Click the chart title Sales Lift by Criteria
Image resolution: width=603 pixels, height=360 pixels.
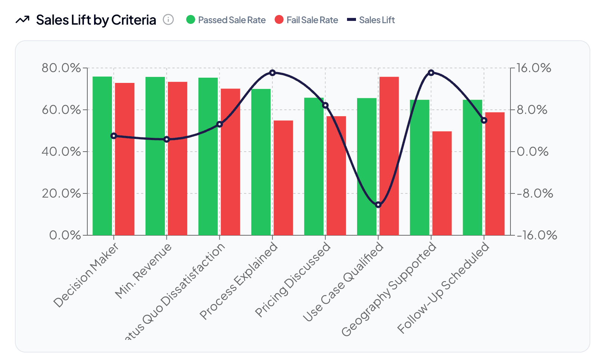96,20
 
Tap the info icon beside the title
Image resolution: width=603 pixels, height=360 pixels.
168,20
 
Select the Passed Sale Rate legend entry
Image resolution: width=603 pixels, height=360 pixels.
226,20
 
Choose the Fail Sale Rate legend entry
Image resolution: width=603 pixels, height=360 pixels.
306,20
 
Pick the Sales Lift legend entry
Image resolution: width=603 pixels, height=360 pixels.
371,20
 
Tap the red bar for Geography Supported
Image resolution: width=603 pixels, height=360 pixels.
442,183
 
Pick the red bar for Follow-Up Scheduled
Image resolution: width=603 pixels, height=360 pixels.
495,174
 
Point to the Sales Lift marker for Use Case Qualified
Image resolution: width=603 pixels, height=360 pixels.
378,205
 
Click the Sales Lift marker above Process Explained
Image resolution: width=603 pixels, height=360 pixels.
272,72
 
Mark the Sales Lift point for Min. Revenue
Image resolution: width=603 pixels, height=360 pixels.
167,139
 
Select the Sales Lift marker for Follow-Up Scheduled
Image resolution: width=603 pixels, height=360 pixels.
484,120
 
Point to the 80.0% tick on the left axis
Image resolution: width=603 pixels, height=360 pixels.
61,68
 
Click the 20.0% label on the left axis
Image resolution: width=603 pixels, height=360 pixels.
61,193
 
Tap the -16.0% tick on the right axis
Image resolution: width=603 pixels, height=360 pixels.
537,235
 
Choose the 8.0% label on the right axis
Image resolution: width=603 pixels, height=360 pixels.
532,110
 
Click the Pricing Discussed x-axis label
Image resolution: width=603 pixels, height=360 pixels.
293,280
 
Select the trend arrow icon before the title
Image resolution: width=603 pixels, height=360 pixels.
22,20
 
